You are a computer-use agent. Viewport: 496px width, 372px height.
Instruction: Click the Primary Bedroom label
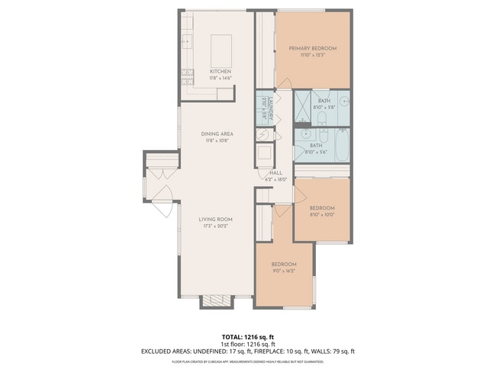tap(312, 48)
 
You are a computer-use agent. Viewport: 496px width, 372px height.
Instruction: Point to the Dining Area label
tap(216, 134)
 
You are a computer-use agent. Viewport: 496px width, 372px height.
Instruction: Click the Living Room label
tap(217, 220)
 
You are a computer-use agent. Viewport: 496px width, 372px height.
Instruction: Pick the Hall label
tap(275, 173)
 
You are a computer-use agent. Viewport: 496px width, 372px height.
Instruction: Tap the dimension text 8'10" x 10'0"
tap(321, 214)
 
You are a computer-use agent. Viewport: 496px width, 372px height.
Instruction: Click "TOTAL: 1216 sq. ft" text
tap(247, 336)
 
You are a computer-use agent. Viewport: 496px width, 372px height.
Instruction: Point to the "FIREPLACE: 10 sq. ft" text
tap(286, 351)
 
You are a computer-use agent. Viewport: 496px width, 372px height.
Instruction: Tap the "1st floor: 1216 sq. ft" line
tap(247, 344)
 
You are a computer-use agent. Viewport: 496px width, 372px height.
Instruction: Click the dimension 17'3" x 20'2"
tap(217, 226)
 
